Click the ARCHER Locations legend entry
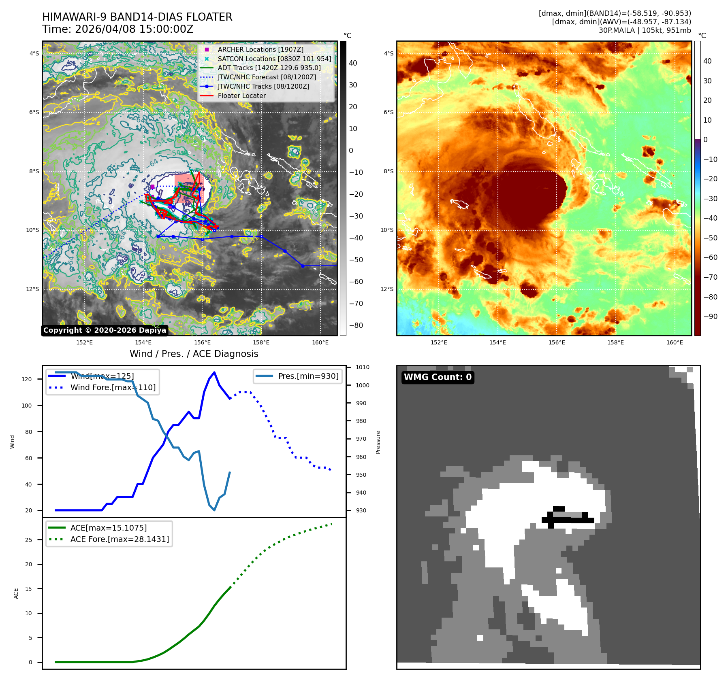coord(260,49)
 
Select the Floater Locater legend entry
coord(241,96)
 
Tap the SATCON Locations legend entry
coord(274,59)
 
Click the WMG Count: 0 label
coord(438,377)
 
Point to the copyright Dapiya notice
coord(105,330)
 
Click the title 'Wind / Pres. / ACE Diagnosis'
coord(194,354)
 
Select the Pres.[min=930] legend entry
coord(308,376)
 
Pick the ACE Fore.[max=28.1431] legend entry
coord(120,539)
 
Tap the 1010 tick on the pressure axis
coord(363,367)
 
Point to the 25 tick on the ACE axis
coord(28,540)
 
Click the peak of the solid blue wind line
coord(214,372)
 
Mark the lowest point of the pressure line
coord(214,510)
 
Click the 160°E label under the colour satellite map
coord(675,343)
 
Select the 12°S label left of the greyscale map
coord(33,289)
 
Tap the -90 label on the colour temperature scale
coord(710,317)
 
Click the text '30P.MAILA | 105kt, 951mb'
coord(645,30)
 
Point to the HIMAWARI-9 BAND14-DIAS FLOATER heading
coord(137,17)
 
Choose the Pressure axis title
coord(378,442)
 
